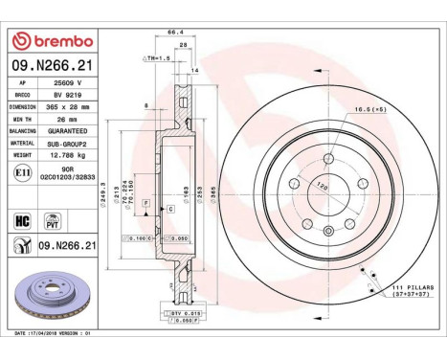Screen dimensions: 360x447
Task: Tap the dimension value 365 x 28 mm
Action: click(x=66, y=108)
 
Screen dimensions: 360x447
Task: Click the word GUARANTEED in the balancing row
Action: click(x=66, y=130)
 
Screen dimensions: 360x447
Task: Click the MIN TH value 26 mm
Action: click(x=59, y=120)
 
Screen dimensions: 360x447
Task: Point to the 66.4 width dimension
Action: click(x=175, y=33)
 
